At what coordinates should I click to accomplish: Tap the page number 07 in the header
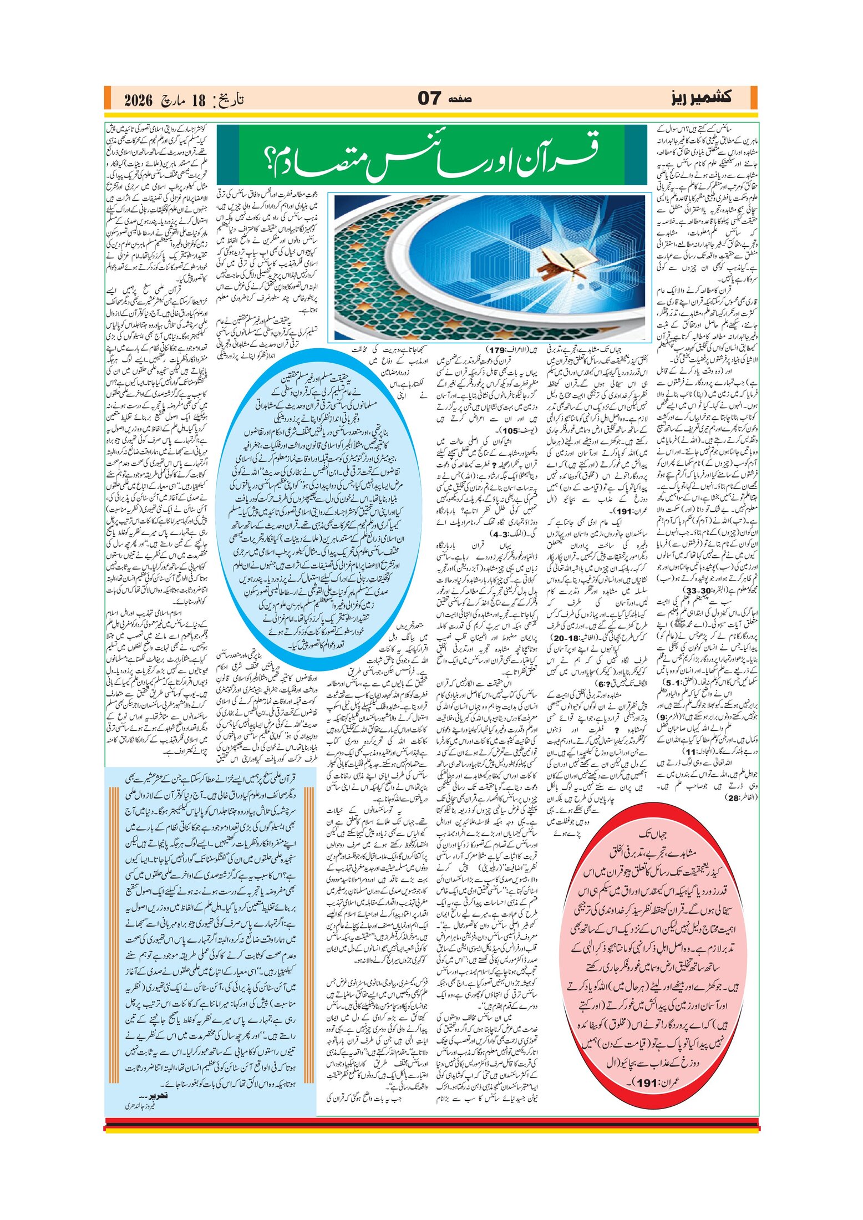click(x=429, y=99)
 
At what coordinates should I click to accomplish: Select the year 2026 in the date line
click(x=138, y=100)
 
